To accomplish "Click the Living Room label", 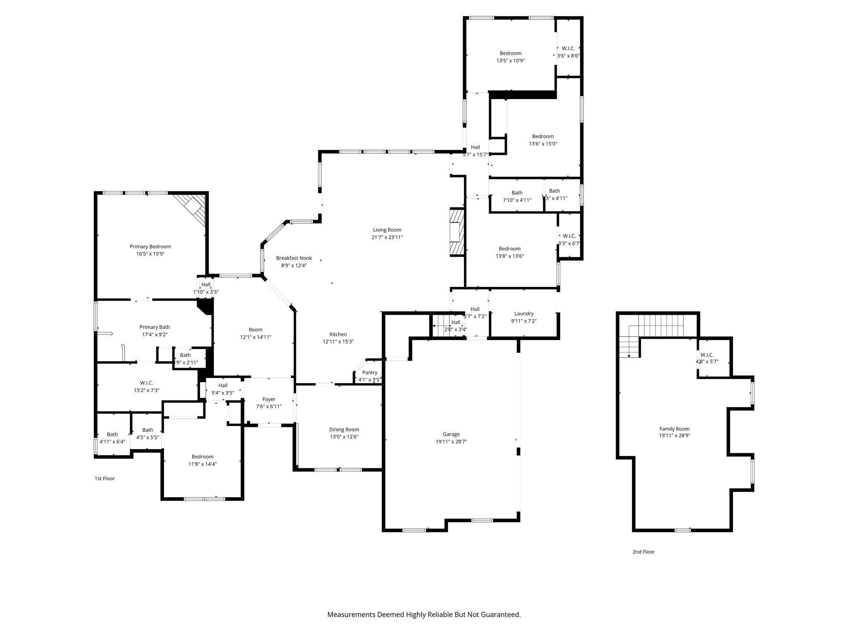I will coord(387,230).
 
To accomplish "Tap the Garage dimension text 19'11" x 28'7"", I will coord(451,441).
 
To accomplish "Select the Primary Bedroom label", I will coord(150,246).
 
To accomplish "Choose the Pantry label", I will coord(369,373).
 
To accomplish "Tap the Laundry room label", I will coord(524,313).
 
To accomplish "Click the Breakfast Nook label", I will coord(294,258).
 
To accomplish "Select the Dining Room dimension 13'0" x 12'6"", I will coord(344,437).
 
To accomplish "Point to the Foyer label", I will coord(269,399).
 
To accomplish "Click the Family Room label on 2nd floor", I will coord(675,429).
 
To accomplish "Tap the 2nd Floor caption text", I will coord(643,552).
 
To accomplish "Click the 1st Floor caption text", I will coord(105,478).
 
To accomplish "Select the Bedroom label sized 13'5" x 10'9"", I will coord(510,53).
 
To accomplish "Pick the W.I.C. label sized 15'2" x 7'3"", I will coord(146,383).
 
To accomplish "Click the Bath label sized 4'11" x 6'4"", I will coord(112,434).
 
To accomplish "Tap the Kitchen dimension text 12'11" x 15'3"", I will coord(338,342).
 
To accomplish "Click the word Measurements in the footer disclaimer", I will coord(351,614).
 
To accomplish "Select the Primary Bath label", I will coord(154,327).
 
